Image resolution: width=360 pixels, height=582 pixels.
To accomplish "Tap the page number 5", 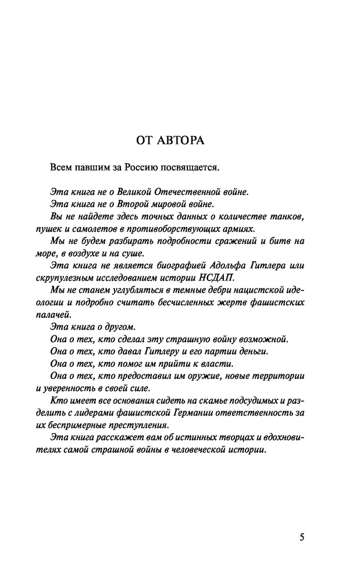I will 302,537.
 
